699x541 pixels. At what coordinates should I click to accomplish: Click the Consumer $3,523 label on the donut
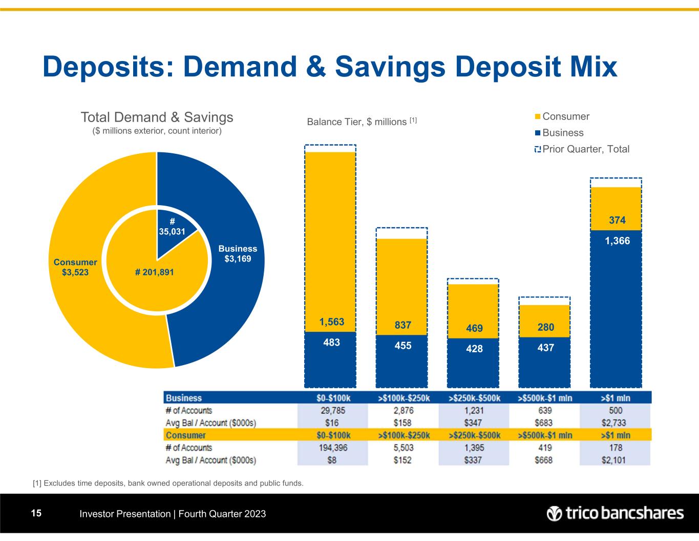75,267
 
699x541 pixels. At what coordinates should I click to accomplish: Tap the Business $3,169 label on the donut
238,254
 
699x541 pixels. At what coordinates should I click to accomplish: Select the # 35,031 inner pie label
172,226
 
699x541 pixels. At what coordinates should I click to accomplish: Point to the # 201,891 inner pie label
155,272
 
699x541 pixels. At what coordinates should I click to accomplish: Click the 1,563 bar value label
332,322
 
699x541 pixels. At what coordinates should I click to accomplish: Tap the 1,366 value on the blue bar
617,241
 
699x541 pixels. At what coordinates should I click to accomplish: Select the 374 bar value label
617,221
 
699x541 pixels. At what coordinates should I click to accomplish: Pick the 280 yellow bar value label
545,327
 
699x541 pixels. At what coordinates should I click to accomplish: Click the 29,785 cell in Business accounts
333,411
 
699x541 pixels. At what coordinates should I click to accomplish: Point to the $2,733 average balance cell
616,423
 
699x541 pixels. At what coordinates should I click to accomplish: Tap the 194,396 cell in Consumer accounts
333,448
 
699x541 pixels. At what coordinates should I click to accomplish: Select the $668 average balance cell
544,460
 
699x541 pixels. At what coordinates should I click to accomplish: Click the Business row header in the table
184,398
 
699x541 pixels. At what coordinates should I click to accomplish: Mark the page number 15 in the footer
36,513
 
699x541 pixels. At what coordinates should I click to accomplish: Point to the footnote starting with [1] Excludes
168,483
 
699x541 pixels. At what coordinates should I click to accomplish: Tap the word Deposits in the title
114,67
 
